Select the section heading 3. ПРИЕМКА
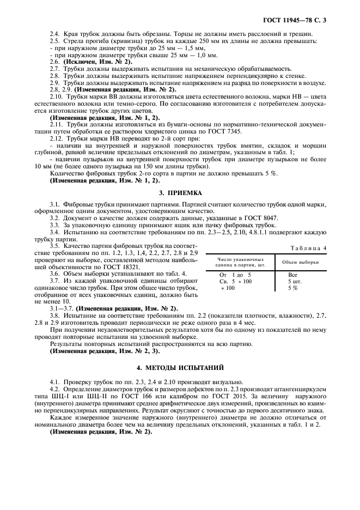[179, 193]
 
